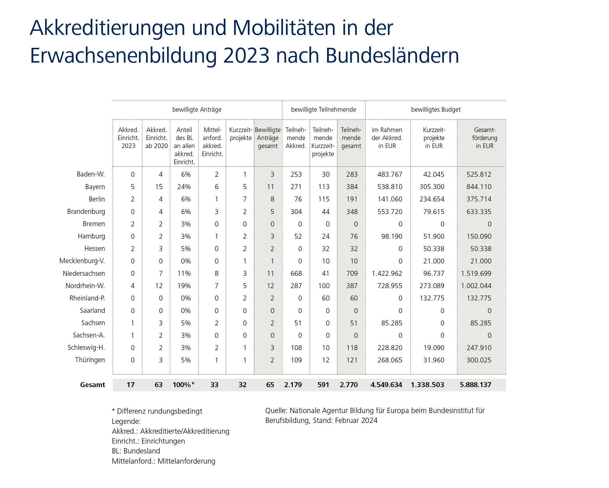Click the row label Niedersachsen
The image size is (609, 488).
84,273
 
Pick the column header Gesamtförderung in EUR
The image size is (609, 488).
484,138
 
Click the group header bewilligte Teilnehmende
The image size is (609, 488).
323,110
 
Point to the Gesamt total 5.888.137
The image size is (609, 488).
475,385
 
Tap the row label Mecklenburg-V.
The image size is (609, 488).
82,261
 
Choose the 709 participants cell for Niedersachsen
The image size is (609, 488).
352,273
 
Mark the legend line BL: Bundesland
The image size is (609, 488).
136,451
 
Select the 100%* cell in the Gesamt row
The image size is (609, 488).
183,385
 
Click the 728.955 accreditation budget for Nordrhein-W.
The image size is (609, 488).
390,286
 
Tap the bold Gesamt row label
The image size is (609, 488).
92,385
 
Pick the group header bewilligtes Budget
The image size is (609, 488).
436,110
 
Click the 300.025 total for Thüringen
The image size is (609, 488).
479,360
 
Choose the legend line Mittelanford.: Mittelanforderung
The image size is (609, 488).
163,461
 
